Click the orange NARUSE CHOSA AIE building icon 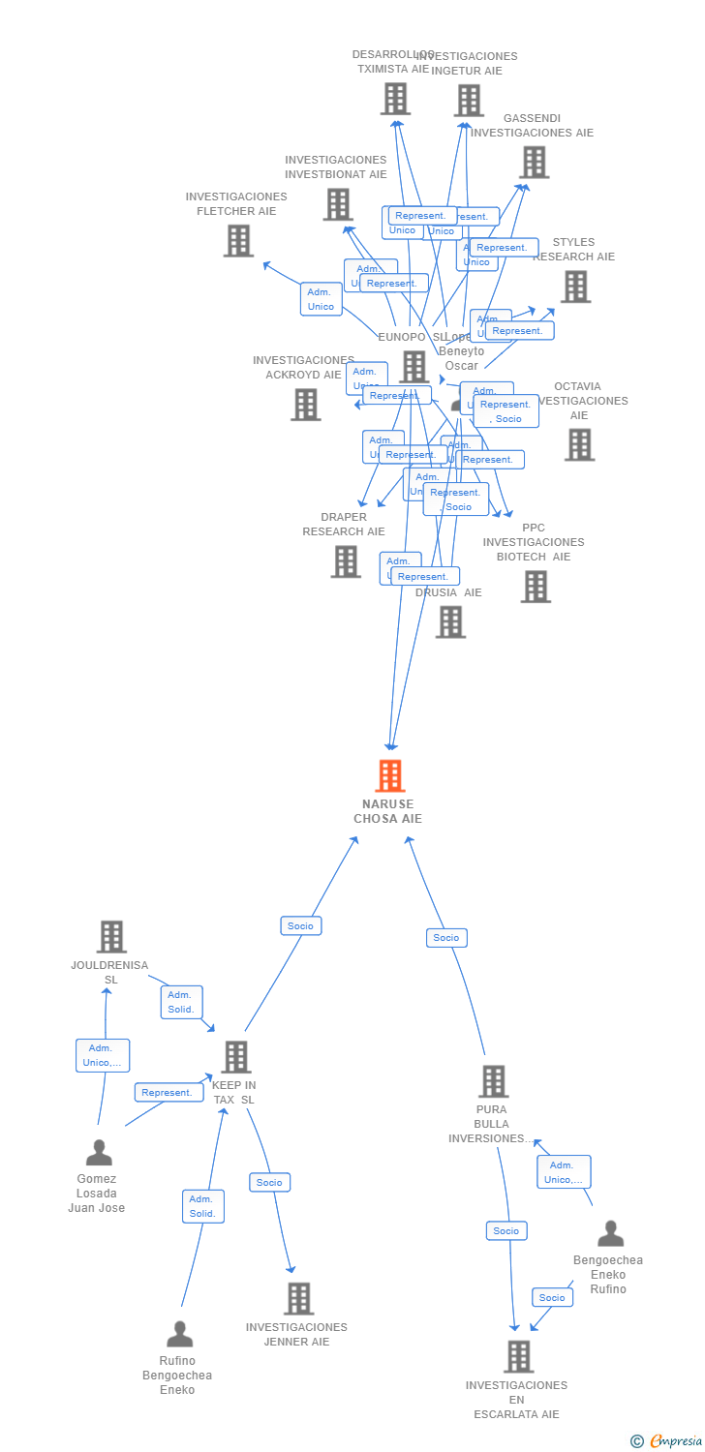[389, 776]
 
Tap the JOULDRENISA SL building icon [111, 936]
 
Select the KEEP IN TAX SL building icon [235, 1057]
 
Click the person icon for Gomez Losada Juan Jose [99, 1153]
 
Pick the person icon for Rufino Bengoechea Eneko [179, 1334]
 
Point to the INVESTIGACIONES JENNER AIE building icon [298, 1299]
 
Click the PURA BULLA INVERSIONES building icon [493, 1081]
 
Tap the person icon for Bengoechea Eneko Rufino [610, 1233]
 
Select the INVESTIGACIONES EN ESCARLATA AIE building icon [518, 1357]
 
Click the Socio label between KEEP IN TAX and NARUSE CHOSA [300, 925]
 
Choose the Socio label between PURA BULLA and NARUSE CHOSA [446, 937]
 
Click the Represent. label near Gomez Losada [167, 1092]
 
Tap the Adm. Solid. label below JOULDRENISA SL [181, 1002]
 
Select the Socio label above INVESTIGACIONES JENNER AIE [269, 1182]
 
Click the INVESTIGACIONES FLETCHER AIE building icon [238, 240]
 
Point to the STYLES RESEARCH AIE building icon [575, 287]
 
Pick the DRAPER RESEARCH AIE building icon [345, 561]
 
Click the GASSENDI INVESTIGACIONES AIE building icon [534, 163]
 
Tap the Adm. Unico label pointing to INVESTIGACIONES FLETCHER [321, 299]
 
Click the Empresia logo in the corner [667, 1441]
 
